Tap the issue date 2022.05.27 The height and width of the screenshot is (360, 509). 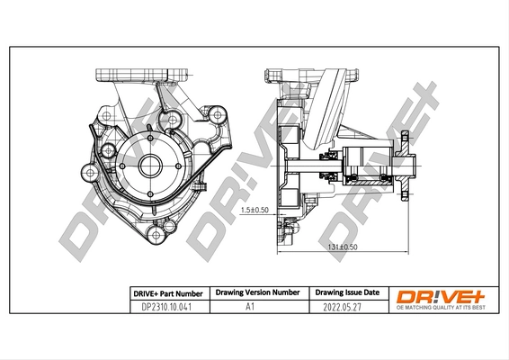[348, 307]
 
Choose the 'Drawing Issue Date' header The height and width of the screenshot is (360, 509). [348, 293]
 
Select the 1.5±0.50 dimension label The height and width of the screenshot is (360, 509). [255, 210]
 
